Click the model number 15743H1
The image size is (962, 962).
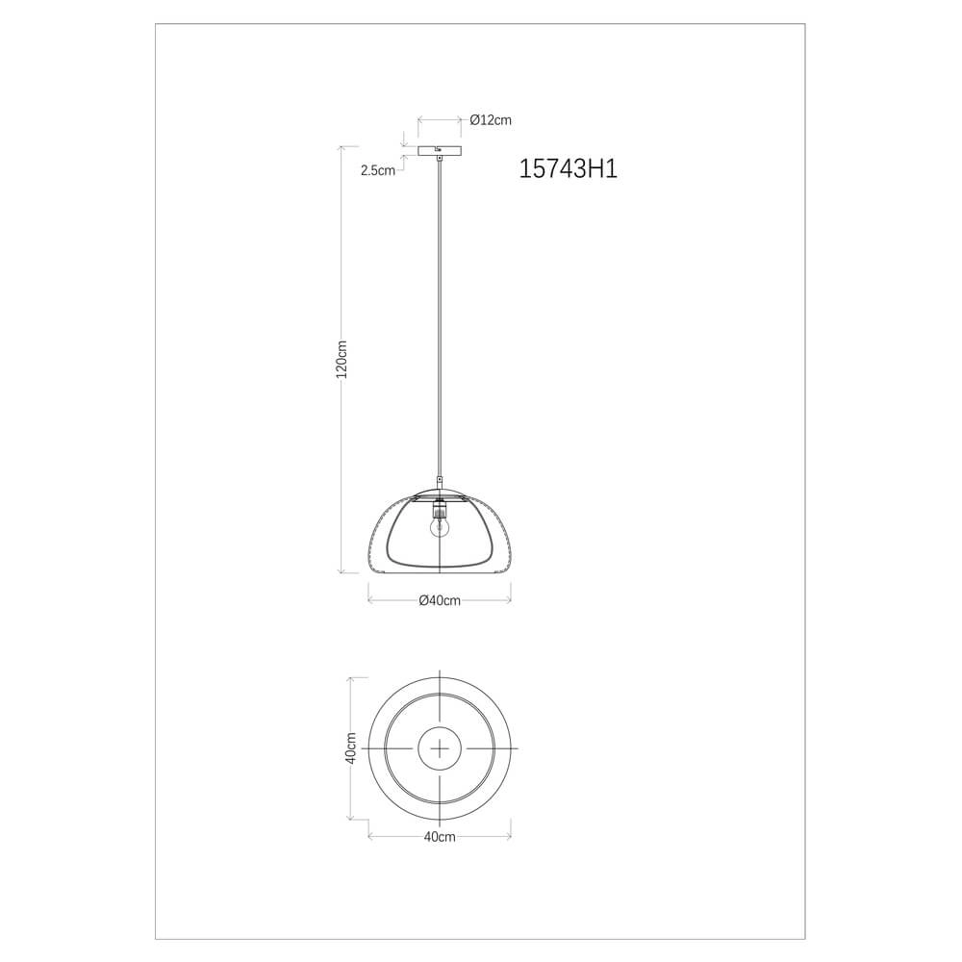click(x=567, y=170)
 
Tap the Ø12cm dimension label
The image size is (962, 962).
click(x=491, y=120)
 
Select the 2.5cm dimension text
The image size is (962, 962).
click(x=377, y=170)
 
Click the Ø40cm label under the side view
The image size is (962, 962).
click(x=440, y=601)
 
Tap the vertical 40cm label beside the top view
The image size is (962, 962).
click(x=351, y=747)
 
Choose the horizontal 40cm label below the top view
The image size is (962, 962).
click(x=440, y=837)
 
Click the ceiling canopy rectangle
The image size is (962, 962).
click(x=440, y=150)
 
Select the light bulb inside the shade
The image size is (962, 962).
click(x=440, y=525)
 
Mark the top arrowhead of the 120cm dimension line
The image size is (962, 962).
click(x=343, y=148)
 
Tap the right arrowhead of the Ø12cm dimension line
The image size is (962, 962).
click(x=462, y=120)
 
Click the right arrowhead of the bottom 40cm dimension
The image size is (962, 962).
click(x=508, y=837)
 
